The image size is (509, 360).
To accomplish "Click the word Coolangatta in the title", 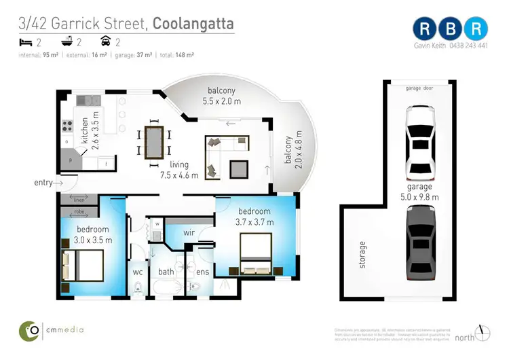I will tap(193, 24).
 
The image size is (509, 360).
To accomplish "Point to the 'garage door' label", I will tap(419, 88).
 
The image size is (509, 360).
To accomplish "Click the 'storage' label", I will tap(362, 254).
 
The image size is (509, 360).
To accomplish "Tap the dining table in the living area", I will tap(154, 141).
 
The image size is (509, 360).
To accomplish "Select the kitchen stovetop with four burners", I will tap(68, 126).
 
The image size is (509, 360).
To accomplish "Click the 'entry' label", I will tap(43, 183).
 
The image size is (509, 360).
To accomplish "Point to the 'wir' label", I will tap(190, 233).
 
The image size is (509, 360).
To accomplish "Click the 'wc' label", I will tap(137, 272).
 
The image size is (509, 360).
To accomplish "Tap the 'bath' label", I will tap(166, 272).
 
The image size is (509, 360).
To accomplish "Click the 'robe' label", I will tap(79, 212).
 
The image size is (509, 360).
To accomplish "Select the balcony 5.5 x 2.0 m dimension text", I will tap(223, 101).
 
